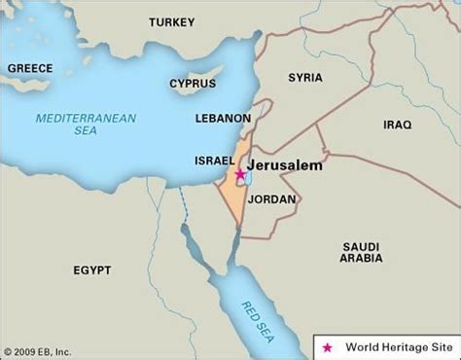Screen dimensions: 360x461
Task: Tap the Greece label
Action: coord(29,69)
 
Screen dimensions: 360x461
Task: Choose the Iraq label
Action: coord(398,125)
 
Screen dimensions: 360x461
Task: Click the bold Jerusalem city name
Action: coord(286,165)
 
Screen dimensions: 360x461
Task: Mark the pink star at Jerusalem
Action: coord(240,175)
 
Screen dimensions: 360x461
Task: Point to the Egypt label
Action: coord(91,269)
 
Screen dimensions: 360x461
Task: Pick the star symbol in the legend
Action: coord(328,345)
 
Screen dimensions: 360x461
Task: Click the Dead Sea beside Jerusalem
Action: coord(248,178)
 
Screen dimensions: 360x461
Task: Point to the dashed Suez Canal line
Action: coord(183,205)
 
